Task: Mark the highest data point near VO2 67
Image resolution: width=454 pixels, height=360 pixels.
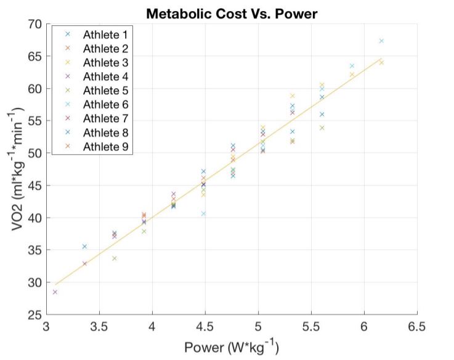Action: (381, 41)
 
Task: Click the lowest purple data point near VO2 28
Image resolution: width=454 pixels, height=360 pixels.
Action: (55, 292)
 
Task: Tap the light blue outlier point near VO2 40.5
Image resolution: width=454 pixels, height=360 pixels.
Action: (203, 214)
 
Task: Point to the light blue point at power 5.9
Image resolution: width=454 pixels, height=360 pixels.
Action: (352, 66)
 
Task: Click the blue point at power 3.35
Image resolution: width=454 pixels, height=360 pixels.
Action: (84, 247)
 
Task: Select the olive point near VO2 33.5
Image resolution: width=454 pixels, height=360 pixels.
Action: (114, 258)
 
